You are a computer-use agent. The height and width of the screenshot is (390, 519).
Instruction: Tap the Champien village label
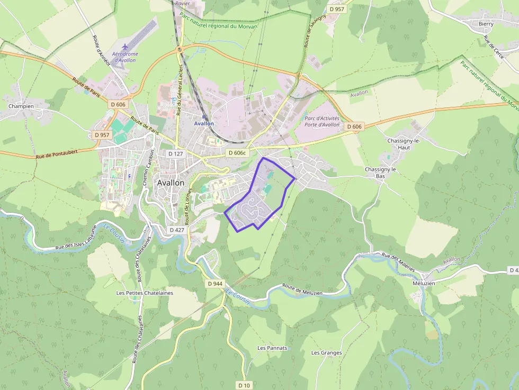coord(21,106)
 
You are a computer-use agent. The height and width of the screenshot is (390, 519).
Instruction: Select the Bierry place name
coord(486,24)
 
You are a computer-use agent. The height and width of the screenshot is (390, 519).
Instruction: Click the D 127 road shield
coord(175,153)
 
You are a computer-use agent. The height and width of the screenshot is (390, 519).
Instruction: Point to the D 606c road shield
coord(237,152)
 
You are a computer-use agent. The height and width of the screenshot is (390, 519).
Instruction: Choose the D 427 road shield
coord(177,230)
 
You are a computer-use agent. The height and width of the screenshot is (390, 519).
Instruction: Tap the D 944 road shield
coord(215,284)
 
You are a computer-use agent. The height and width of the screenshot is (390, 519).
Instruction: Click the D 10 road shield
coord(244,385)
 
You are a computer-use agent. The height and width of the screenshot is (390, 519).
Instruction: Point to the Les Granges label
coord(326,352)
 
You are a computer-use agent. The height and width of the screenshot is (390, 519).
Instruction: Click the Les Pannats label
coord(272,348)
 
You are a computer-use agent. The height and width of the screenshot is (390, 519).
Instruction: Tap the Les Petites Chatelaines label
coord(145,292)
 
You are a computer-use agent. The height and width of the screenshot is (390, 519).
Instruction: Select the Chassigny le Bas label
coord(380,173)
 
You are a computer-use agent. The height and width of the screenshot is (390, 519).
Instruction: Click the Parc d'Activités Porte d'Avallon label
coord(322,121)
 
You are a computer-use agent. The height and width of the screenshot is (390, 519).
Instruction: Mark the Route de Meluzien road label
coord(302,289)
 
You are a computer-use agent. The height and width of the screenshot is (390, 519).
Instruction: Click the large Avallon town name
coord(171,183)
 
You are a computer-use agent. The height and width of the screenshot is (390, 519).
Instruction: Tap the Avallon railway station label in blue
coord(204,123)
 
